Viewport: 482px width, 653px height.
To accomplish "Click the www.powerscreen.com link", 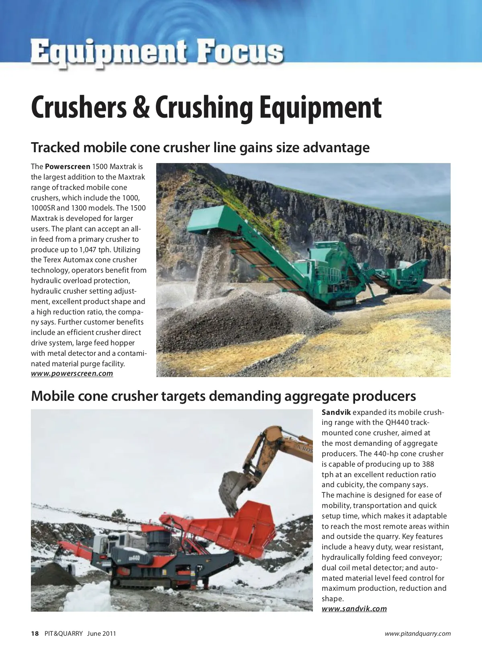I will [72, 373].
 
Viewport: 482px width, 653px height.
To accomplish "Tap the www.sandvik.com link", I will [354, 608].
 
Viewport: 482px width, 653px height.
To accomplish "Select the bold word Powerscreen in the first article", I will [67, 167].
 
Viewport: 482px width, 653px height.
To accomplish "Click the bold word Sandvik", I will [336, 412].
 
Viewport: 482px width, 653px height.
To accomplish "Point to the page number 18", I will [35, 634].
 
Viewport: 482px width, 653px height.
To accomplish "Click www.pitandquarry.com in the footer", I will [417, 634].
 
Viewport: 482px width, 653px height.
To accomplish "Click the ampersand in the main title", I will [141, 108].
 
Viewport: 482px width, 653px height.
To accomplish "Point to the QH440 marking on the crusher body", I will [134, 558].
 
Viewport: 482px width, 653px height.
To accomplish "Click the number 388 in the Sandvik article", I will [428, 464].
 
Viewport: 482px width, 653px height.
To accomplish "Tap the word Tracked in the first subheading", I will [55, 148].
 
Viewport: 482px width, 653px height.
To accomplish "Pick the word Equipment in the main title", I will [320, 108].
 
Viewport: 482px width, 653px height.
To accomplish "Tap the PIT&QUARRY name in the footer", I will [63, 634].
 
